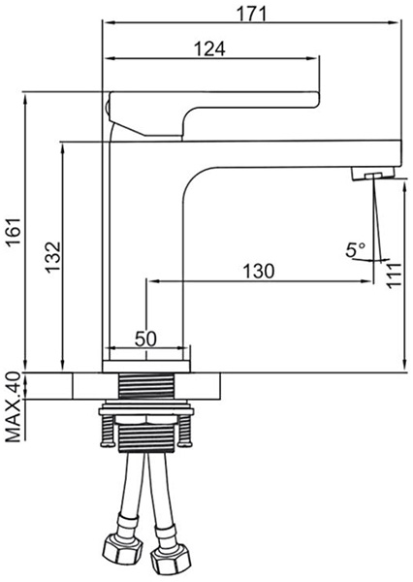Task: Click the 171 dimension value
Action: [252, 15]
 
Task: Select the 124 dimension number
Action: [210, 48]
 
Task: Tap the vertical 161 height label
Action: [15, 232]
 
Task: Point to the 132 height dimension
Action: [52, 257]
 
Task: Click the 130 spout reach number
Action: [259, 272]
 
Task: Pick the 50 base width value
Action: [145, 339]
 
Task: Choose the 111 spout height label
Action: [394, 275]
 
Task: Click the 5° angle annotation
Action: [356, 250]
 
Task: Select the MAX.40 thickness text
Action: [14, 406]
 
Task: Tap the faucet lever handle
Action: [212, 113]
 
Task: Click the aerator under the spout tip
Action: [373, 174]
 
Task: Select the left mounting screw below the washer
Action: [106, 430]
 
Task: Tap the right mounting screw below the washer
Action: [184, 430]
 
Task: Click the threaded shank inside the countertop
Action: [146, 386]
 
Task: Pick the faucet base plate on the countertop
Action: [146, 367]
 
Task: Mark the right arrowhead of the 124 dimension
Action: [313, 58]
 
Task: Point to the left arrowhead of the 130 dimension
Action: [153, 281]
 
